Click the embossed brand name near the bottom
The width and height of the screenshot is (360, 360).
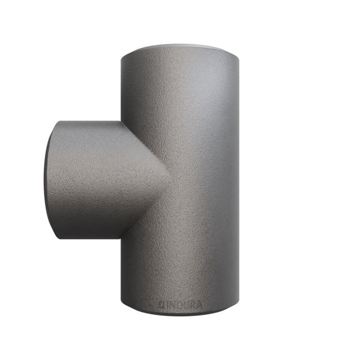tap(181, 304)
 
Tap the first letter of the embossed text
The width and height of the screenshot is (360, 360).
tap(160, 304)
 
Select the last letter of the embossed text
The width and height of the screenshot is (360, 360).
tap(201, 304)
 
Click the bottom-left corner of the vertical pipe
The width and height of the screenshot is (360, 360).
tap(122, 304)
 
